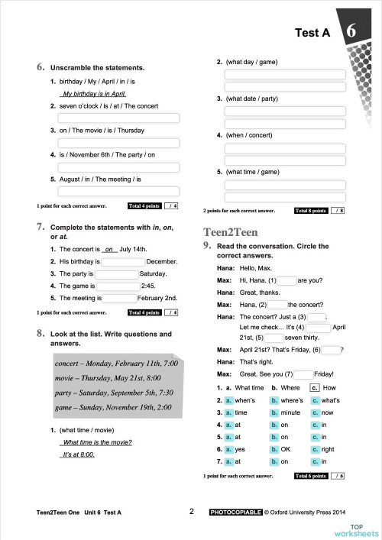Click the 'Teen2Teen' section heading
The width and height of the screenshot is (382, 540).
coord(230,231)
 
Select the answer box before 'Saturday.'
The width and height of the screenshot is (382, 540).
coord(116,273)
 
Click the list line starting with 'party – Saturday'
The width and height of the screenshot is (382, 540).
coord(115,393)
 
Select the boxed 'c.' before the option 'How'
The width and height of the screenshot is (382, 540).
coord(314,388)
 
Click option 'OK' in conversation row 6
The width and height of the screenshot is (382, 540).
coord(286,449)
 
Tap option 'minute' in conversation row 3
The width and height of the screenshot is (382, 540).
coord(290,412)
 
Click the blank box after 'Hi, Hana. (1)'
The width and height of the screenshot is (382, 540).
coord(287,280)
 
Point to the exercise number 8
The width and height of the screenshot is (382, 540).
coord(39,334)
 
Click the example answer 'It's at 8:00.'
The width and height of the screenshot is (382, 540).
coord(79,454)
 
